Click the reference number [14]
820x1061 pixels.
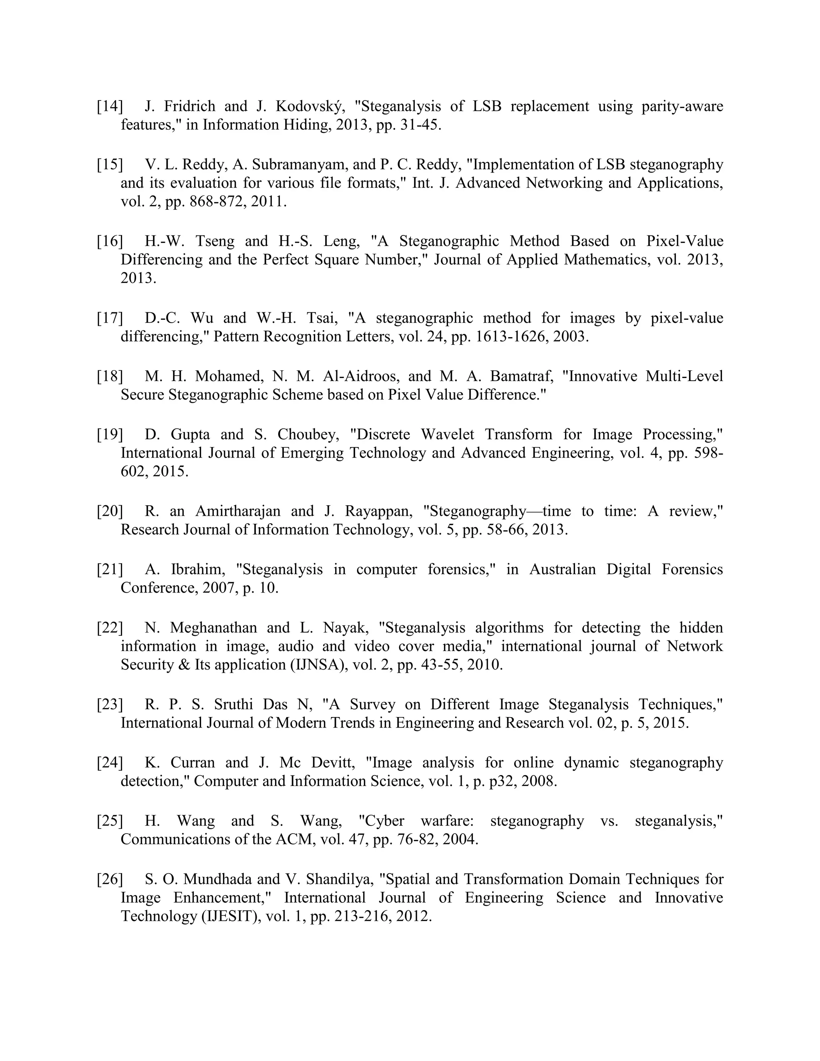(110, 106)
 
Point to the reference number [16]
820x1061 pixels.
(110, 241)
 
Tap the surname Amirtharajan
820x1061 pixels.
(238, 511)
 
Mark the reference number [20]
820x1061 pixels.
(110, 511)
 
